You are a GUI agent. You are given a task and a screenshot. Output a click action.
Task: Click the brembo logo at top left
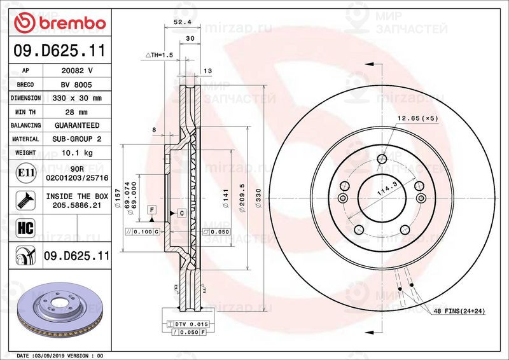pyautogui.click(x=59, y=24)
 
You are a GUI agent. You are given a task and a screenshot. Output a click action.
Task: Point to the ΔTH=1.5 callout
pyautogui.click(x=159, y=56)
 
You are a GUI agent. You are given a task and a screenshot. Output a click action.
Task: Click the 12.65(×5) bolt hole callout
pyautogui.click(x=418, y=118)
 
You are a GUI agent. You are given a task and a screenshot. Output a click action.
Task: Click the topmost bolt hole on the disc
pyautogui.click(x=382, y=159)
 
